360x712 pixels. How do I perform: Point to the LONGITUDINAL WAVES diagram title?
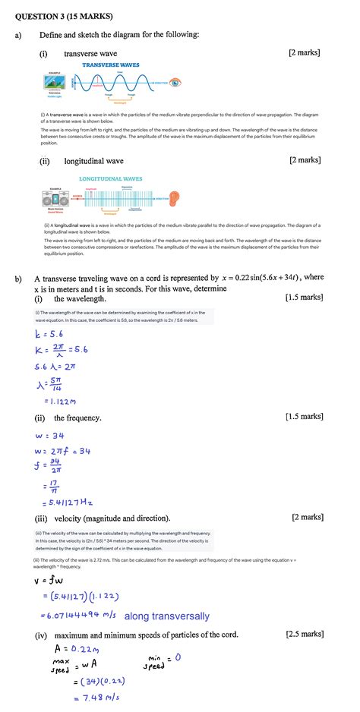[x=110, y=179]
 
